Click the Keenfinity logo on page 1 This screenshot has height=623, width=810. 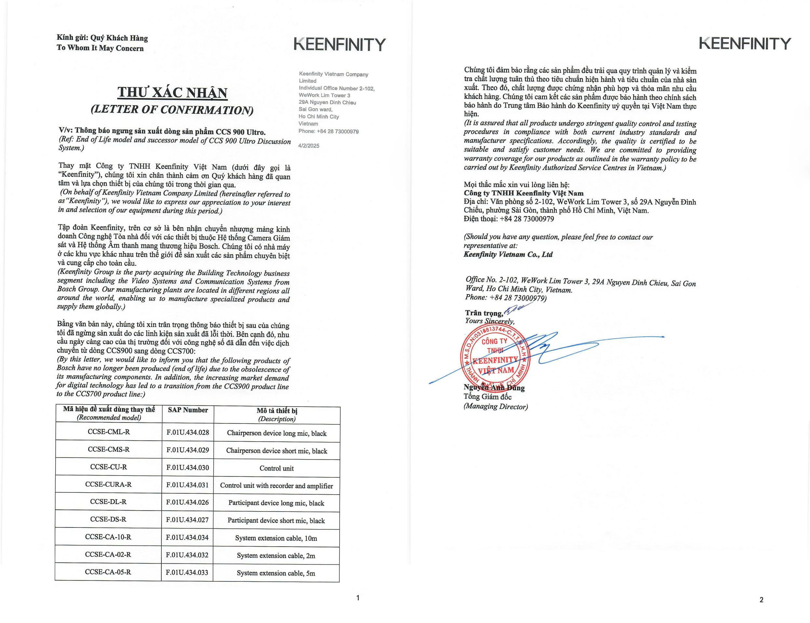pyautogui.click(x=339, y=45)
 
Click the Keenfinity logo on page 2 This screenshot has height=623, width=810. pyautogui.click(x=745, y=44)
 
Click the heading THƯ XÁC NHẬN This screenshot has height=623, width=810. pyautogui.click(x=172, y=92)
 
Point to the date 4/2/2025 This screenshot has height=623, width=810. pyautogui.click(x=309, y=146)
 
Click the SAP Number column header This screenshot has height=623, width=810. pyautogui.click(x=188, y=410)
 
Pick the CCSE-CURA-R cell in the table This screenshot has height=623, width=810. pyautogui.click(x=108, y=484)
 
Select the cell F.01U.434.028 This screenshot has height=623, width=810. pyautogui.click(x=188, y=432)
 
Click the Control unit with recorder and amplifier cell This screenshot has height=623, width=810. pyautogui.click(x=276, y=486)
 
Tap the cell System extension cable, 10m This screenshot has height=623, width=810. pyautogui.click(x=276, y=538)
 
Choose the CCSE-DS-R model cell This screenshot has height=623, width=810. pyautogui.click(x=108, y=519)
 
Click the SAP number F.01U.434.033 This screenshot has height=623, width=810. pyautogui.click(x=187, y=573)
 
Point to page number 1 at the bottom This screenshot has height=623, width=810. pyautogui.click(x=358, y=597)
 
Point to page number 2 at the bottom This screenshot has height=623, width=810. pyautogui.click(x=762, y=600)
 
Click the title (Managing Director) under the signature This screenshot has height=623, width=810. pyautogui.click(x=495, y=407)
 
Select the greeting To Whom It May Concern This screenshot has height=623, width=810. pyautogui.click(x=100, y=48)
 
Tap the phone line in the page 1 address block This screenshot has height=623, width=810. pyautogui.click(x=329, y=131)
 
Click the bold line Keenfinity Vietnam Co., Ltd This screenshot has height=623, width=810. pyautogui.click(x=508, y=254)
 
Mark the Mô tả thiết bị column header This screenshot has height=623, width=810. pyautogui.click(x=277, y=414)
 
